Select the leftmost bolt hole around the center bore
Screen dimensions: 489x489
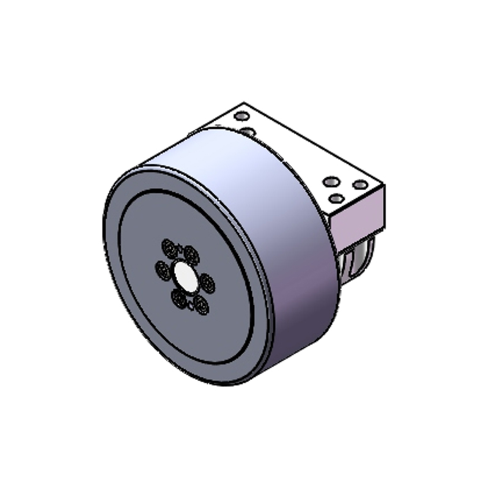click(x=163, y=268)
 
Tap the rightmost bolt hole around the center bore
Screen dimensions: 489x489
click(x=207, y=283)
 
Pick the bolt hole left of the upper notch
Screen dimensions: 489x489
click(x=169, y=247)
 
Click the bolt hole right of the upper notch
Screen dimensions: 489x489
click(x=191, y=253)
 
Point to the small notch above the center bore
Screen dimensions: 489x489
click(x=180, y=248)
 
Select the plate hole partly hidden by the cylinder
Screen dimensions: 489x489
click(x=249, y=131)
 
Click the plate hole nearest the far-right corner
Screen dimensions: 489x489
click(x=361, y=184)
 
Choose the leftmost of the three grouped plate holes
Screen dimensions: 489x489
click(x=331, y=182)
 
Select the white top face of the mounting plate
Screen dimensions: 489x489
click(x=293, y=153)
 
